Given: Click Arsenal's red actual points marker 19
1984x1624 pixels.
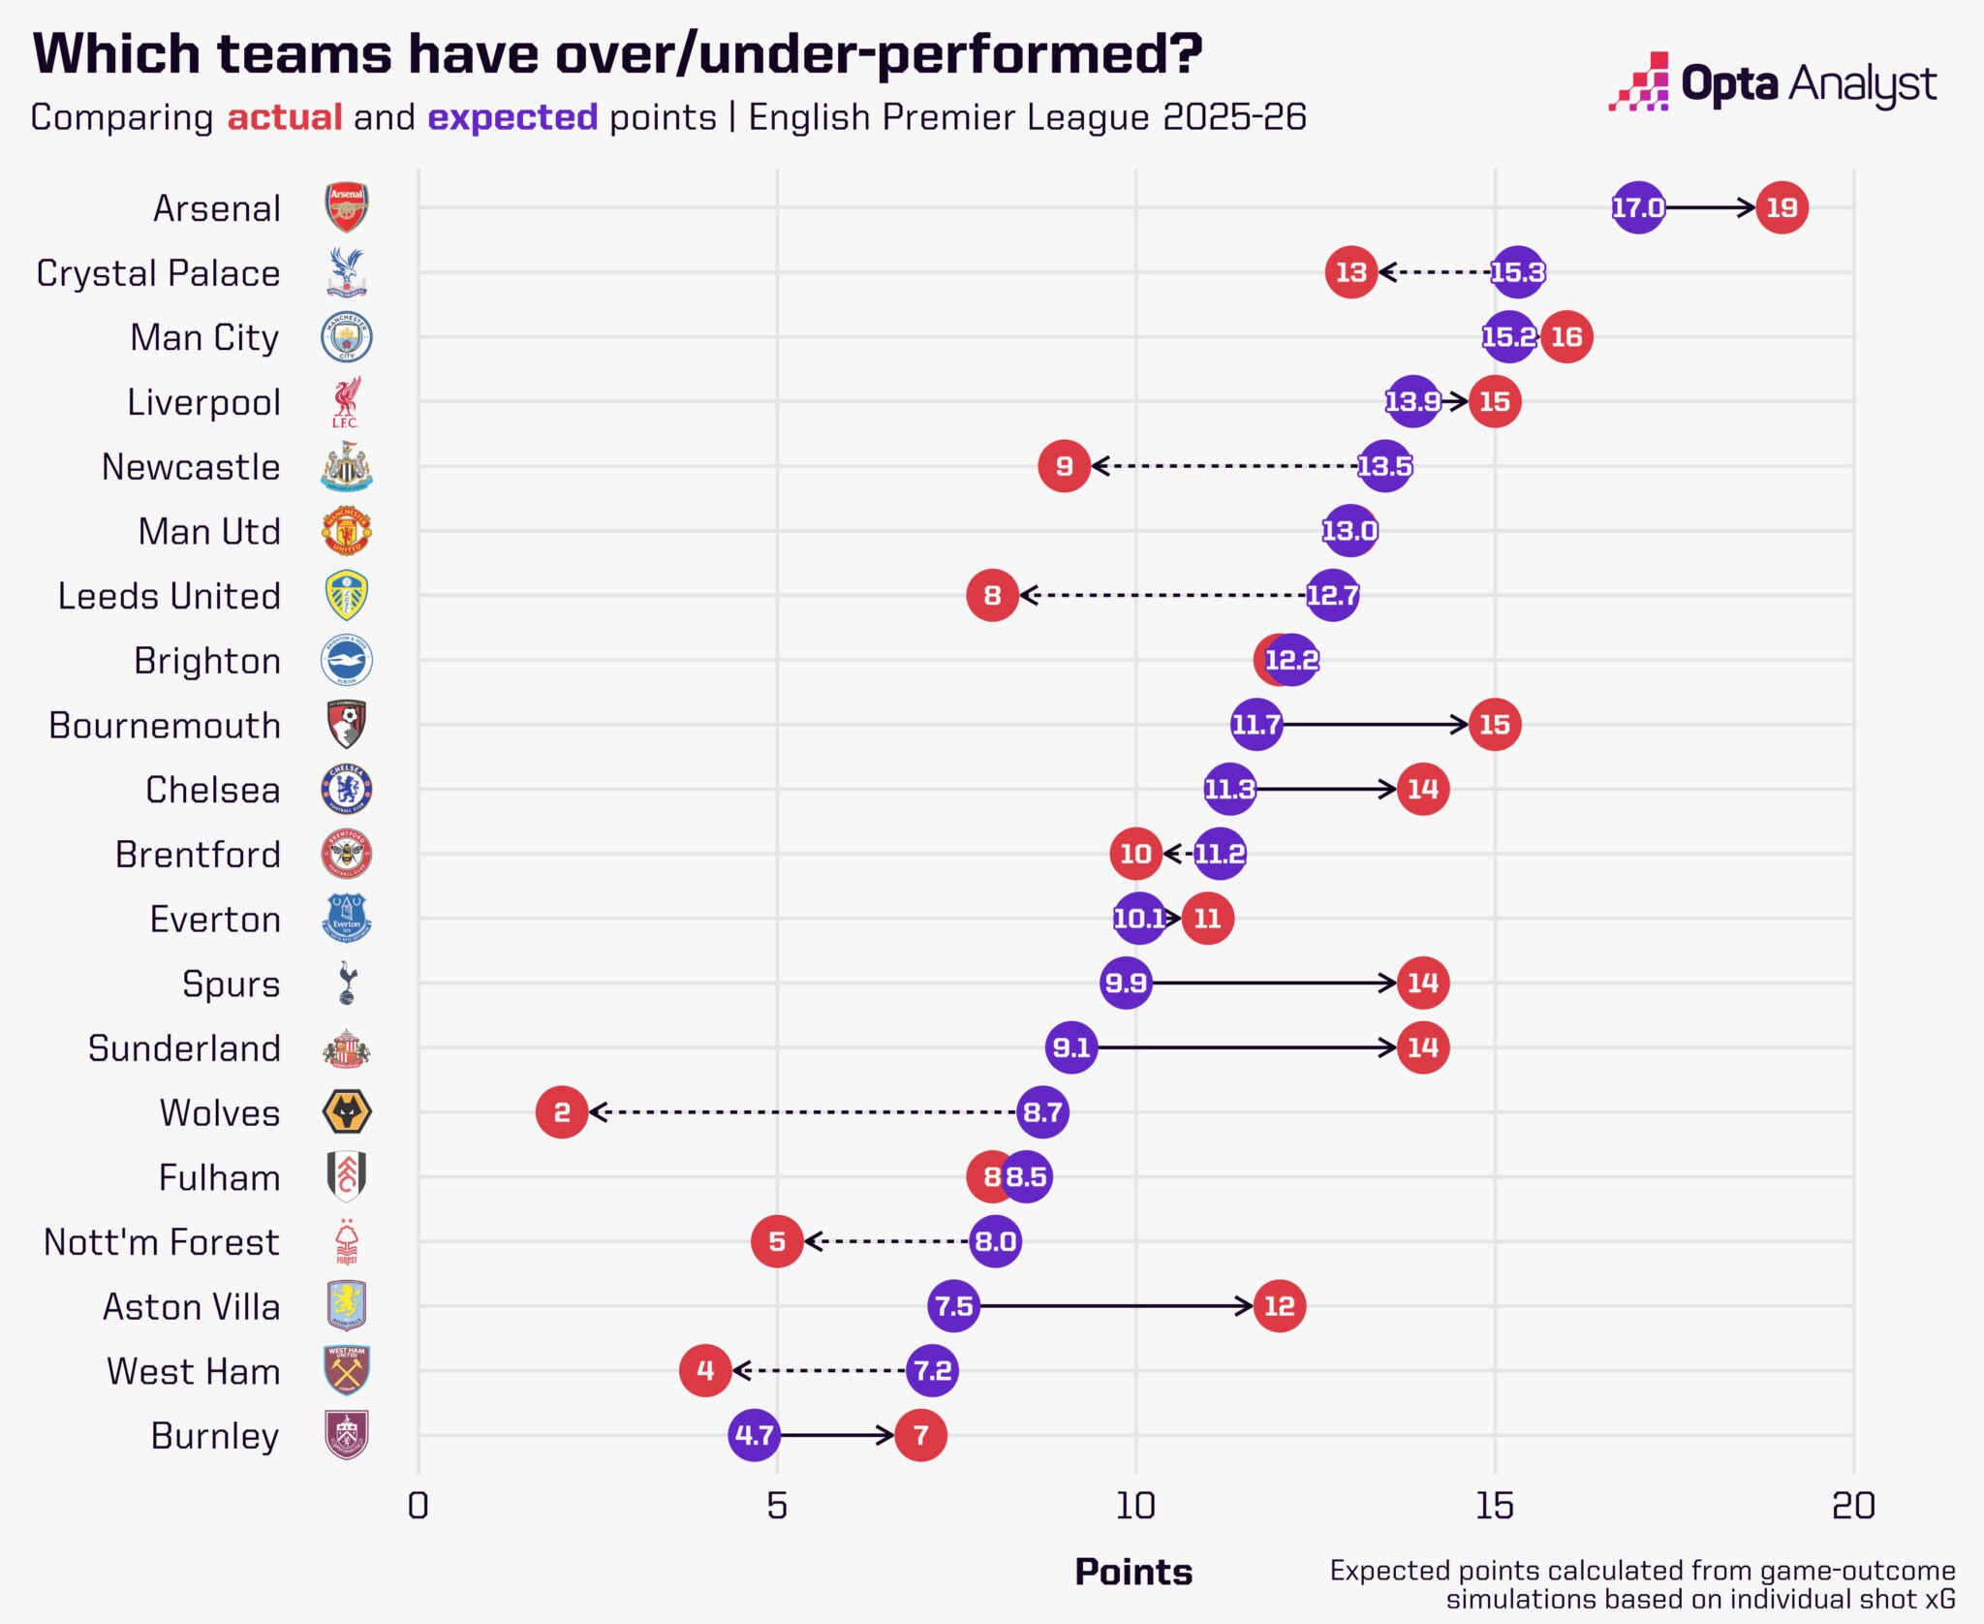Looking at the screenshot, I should point(1782,207).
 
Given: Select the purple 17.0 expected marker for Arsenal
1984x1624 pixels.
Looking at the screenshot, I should point(1637,207).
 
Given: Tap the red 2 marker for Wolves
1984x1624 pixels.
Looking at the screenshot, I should point(562,1111).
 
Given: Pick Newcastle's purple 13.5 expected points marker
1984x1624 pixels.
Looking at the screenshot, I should point(1384,466).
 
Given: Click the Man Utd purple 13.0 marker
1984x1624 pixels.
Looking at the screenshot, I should point(1349,531).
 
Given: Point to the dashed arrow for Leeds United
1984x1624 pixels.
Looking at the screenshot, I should point(1162,595).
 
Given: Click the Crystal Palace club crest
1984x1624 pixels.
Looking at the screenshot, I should point(346,272).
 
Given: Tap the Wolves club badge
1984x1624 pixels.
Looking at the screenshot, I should point(346,1111).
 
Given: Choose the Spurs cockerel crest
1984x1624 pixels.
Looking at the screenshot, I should point(347,984).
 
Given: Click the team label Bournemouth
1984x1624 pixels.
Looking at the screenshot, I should point(165,726).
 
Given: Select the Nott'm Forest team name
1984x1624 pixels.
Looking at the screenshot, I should point(162,1242).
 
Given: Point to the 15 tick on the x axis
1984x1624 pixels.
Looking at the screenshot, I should point(1494,1506).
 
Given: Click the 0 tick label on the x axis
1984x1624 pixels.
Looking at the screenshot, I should point(418,1506).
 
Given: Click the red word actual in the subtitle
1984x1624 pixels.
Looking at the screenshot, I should point(285,117).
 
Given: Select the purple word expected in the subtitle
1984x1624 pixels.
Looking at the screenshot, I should point(512,117).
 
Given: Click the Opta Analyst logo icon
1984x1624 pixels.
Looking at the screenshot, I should point(1639,82).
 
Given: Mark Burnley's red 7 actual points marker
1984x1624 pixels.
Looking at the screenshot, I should point(920,1435).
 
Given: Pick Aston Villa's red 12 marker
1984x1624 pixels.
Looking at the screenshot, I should point(1279,1306).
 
